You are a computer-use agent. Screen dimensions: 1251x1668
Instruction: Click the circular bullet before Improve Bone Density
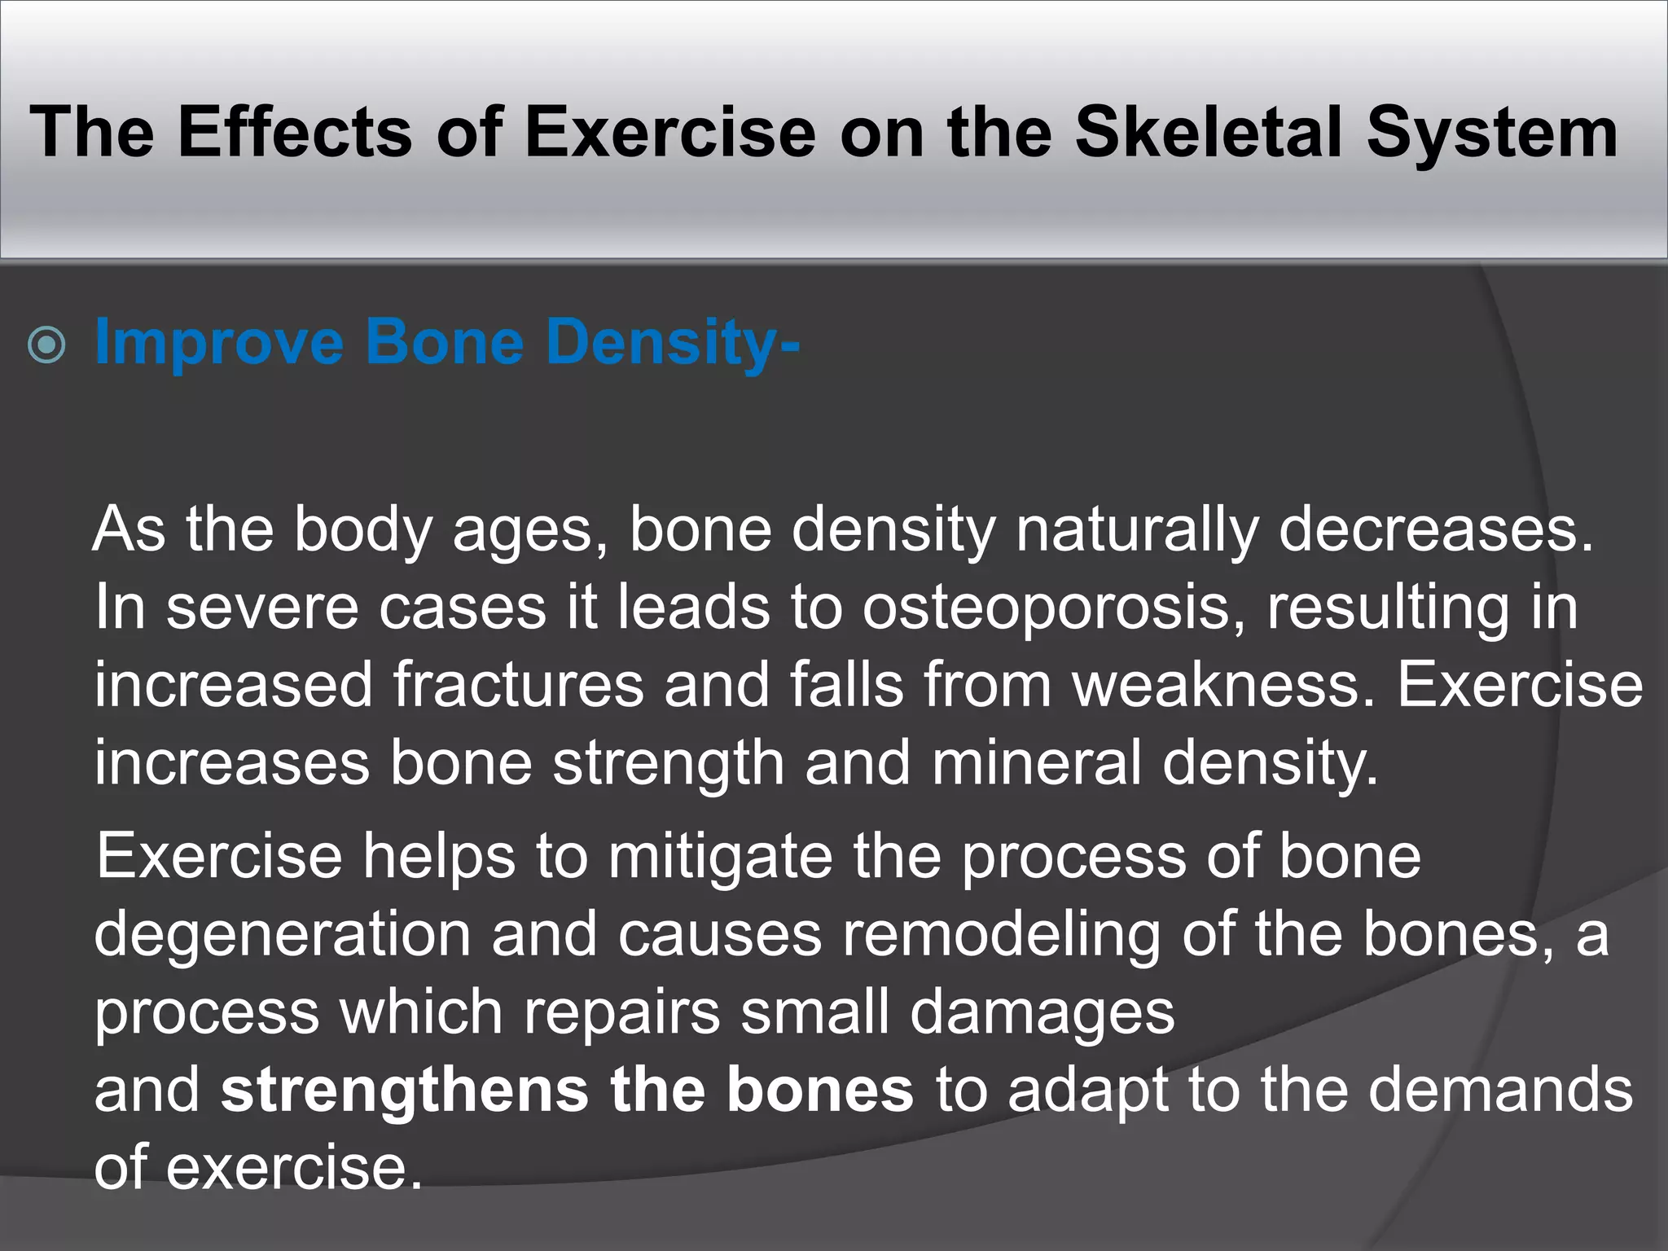coord(46,345)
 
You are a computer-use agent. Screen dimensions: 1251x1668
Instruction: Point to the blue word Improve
coord(219,342)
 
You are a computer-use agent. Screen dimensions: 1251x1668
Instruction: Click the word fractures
coord(519,685)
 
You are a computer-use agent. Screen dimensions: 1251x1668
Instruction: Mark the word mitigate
coord(720,856)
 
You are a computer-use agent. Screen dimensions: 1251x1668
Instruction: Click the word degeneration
coord(283,934)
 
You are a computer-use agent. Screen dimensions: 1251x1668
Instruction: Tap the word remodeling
coord(1001,934)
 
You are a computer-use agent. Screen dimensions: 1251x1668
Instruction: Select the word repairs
coord(621,1012)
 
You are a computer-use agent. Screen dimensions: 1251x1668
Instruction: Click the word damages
coord(1042,1012)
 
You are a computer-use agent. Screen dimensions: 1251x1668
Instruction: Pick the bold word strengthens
coord(405,1090)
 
